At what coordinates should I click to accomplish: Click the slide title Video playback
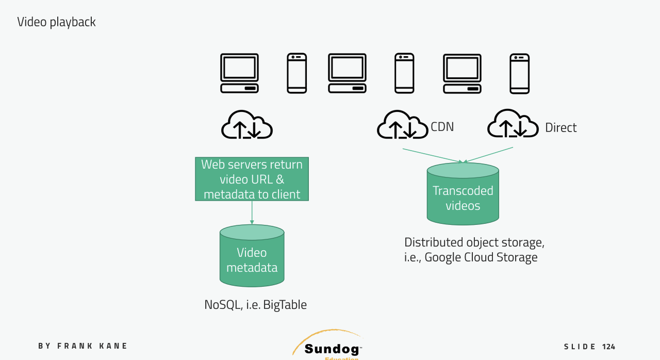56,22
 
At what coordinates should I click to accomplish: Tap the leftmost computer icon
239,73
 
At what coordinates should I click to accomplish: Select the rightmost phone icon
519,74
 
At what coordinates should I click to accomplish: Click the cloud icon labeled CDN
402,125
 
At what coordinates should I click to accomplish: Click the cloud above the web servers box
246,125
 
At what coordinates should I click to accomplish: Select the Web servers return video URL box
252,179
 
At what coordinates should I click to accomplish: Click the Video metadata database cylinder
252,256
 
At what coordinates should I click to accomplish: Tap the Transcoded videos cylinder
463,194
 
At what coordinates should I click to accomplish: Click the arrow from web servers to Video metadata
252,212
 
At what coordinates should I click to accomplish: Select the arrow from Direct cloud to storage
489,154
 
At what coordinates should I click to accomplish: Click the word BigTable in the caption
285,305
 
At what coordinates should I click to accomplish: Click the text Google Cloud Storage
481,257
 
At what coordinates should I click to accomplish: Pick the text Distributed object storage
474,242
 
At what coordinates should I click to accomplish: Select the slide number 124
608,347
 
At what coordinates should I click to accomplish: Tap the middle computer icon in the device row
347,73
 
